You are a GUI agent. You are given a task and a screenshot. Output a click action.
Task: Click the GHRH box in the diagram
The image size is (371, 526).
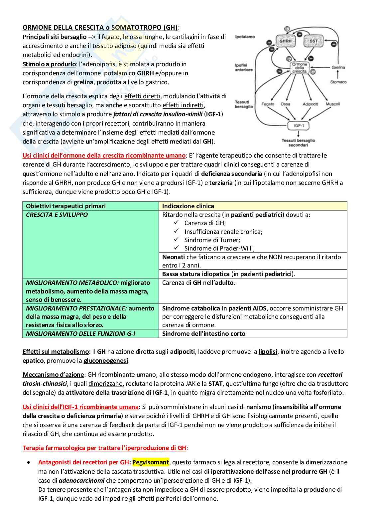pos(285,41)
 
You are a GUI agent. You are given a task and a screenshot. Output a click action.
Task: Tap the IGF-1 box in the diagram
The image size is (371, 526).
pos(298,126)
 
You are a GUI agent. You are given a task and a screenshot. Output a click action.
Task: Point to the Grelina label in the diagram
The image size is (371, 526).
pos(338,67)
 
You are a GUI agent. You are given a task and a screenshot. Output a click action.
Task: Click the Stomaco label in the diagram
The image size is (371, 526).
pos(338,82)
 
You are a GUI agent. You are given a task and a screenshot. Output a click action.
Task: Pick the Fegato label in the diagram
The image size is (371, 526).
pos(268,104)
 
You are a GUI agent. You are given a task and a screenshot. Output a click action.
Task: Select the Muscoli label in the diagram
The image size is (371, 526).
pos(332,104)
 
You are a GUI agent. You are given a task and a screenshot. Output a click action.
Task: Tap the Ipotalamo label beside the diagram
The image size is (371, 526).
pos(245,37)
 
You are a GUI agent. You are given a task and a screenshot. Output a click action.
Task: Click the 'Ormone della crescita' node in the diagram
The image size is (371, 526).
pos(299,68)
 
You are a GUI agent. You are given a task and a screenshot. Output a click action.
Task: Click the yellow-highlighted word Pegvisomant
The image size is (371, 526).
pos(151,462)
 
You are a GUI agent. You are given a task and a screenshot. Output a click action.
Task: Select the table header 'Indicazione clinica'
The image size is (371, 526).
pos(188,206)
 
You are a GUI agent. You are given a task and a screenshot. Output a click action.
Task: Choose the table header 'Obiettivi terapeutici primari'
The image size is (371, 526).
pos(66,206)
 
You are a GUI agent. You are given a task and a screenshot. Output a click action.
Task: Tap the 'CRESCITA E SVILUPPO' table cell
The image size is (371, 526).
pos(57,215)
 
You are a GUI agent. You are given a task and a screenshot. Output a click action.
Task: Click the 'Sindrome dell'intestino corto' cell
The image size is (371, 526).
pos(203,333)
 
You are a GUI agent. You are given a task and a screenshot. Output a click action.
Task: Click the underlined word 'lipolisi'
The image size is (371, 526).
pos(268,351)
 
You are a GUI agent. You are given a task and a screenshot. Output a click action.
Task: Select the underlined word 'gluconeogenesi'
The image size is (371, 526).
pos(106,360)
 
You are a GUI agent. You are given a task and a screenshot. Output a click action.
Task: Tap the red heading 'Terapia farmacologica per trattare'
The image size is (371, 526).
pos(104,448)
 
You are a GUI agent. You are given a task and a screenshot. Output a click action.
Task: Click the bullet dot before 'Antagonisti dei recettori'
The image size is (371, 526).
pos(29,462)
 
